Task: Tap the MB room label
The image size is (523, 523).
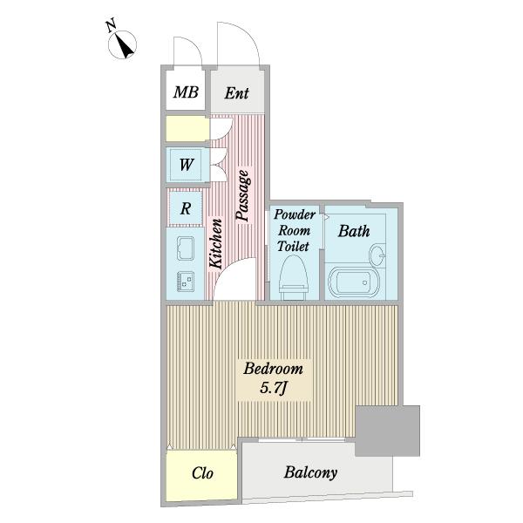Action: click(x=186, y=92)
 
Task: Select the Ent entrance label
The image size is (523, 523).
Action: click(x=236, y=93)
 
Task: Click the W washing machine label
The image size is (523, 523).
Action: click(x=187, y=165)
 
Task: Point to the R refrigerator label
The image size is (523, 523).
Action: click(x=186, y=209)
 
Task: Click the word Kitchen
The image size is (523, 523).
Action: click(x=215, y=243)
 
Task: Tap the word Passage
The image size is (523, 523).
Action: click(x=242, y=195)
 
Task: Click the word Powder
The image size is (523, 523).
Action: click(x=295, y=214)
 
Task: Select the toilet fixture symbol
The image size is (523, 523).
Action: click(x=294, y=278)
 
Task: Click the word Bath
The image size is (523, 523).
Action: click(x=354, y=231)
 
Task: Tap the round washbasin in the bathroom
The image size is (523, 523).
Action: click(x=377, y=255)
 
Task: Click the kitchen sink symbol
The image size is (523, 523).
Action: click(x=185, y=248)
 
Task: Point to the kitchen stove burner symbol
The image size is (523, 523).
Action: click(x=186, y=282)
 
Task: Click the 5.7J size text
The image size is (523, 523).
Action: click(x=273, y=388)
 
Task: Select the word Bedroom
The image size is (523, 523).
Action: click(x=273, y=369)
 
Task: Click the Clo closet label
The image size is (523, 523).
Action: click(x=202, y=473)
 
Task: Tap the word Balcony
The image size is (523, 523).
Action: click(x=310, y=472)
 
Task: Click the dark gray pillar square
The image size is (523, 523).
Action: click(x=388, y=431)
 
